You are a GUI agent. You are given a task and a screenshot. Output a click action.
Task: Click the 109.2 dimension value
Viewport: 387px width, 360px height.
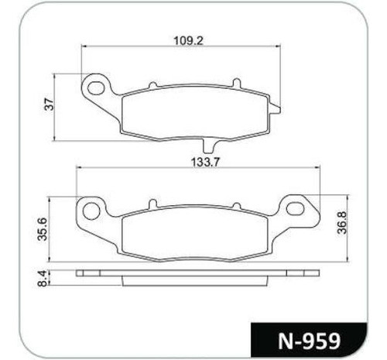[x=188, y=40]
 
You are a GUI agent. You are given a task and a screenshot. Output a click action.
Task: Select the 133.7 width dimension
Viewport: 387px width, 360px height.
[x=205, y=163]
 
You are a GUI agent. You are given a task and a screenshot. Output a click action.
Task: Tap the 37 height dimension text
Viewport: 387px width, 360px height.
[x=50, y=104]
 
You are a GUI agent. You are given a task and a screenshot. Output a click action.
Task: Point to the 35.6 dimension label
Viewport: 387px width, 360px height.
[x=43, y=229]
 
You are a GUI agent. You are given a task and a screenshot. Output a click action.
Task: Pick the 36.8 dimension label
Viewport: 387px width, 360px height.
[x=342, y=222]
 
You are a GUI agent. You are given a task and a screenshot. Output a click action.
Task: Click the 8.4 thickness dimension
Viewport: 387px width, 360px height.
[x=42, y=278]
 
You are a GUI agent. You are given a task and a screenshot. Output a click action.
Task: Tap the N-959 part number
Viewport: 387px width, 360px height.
[x=309, y=341]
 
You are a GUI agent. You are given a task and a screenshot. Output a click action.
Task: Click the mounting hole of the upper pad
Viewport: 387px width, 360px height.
[x=96, y=87]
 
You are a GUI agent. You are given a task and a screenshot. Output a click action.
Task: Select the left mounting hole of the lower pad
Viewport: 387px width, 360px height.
[x=91, y=211]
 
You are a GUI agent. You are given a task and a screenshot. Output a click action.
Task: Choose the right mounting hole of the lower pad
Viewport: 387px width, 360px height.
[x=295, y=208]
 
